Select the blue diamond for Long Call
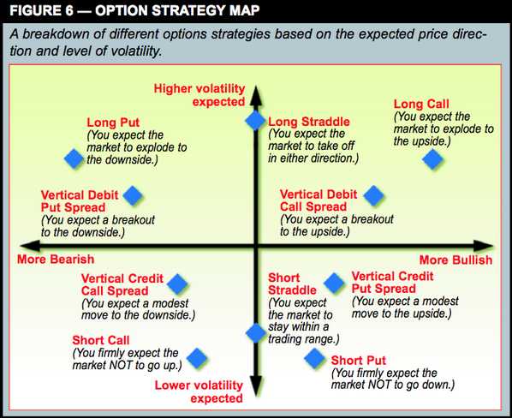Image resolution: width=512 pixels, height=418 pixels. pyautogui.click(x=433, y=158)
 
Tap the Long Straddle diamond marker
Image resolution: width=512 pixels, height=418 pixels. pyautogui.click(x=255, y=121)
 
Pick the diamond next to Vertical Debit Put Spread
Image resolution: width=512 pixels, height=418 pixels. pyautogui.click(x=133, y=196)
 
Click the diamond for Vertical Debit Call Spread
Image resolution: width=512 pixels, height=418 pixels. pyautogui.click(x=373, y=196)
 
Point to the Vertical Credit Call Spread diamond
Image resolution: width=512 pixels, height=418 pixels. pyautogui.click(x=178, y=284)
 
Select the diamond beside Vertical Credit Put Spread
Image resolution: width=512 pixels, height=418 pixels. pyautogui.click(x=334, y=283)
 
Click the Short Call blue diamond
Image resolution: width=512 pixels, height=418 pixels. pyautogui.click(x=198, y=356)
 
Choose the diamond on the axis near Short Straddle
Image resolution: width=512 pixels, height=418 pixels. pyautogui.click(x=255, y=332)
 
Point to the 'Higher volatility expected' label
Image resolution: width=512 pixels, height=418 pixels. pyautogui.click(x=199, y=94)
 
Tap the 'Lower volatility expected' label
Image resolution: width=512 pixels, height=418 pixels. pyautogui.click(x=199, y=391)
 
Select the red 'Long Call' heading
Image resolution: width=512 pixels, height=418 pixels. pyautogui.click(x=420, y=104)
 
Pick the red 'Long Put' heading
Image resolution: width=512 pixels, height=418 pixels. pyautogui.click(x=113, y=122)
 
